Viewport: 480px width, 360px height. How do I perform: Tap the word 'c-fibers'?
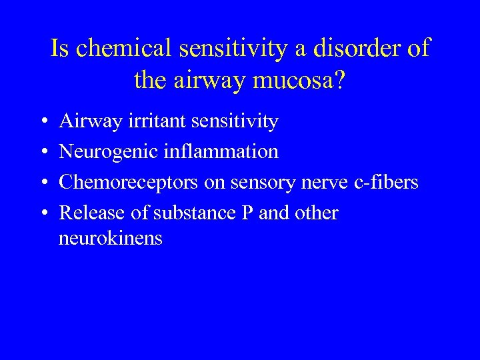point(387,183)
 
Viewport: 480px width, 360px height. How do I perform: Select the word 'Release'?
point(89,213)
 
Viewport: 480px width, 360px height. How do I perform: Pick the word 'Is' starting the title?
point(60,49)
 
